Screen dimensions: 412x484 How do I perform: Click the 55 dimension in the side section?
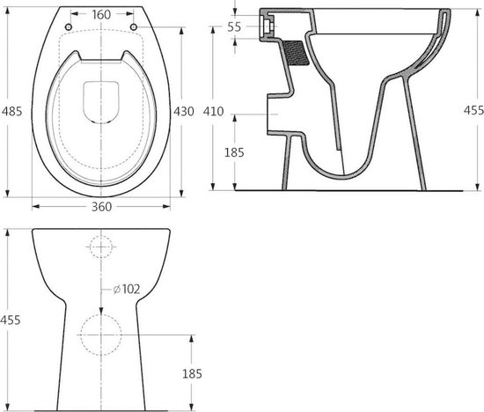coord(234,27)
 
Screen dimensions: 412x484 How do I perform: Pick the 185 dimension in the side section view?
coord(234,152)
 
